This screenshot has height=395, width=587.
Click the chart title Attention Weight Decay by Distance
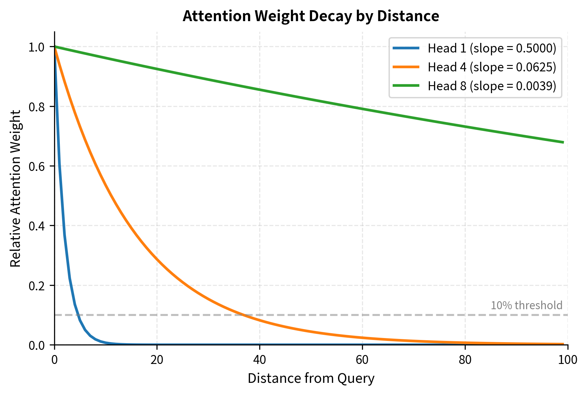pyautogui.click(x=310, y=16)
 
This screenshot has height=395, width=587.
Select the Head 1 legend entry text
pyautogui.click(x=492, y=48)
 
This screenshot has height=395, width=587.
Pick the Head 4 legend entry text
pyautogui.click(x=492, y=67)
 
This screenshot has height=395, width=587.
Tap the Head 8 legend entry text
pyautogui.click(x=492, y=86)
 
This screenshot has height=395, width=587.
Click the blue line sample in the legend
pyautogui.click(x=406, y=48)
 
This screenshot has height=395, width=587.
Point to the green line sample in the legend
pyautogui.click(x=406, y=86)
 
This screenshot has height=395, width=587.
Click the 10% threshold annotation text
pyautogui.click(x=526, y=305)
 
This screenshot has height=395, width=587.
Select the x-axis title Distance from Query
pyautogui.click(x=311, y=378)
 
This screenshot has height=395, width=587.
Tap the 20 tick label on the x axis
pyautogui.click(x=157, y=360)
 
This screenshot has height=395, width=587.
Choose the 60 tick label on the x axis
pyautogui.click(x=362, y=360)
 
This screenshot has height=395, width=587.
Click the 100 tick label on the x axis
pyautogui.click(x=567, y=360)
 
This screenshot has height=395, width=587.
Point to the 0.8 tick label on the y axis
pyautogui.click(x=36, y=107)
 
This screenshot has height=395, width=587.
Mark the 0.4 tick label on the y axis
pyautogui.click(x=36, y=226)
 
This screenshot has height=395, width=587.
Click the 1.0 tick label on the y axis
pyautogui.click(x=36, y=47)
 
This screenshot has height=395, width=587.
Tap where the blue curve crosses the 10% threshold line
pyautogui.click(x=78, y=315)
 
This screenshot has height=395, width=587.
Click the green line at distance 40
pyautogui.click(x=260, y=90)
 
